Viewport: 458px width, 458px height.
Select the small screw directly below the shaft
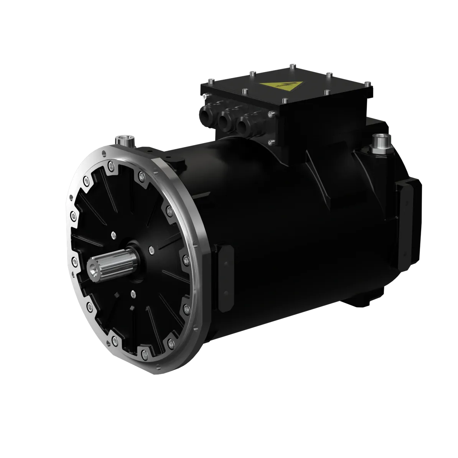tap(133, 294)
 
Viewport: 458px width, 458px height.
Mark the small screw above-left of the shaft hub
tap(113, 234)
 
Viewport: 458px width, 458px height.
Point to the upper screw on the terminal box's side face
tap(271, 113)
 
